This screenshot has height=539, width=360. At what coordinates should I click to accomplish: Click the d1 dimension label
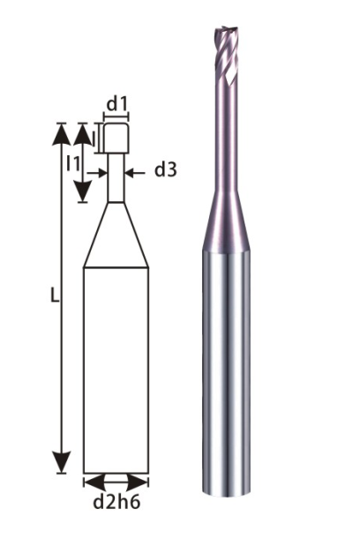click(x=116, y=104)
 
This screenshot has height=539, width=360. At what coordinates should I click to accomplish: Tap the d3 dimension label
click(x=166, y=169)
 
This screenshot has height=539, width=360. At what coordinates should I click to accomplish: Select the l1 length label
click(x=73, y=163)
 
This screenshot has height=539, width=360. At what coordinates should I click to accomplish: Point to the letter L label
click(x=55, y=295)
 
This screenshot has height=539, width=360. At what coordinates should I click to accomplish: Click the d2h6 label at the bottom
click(x=116, y=502)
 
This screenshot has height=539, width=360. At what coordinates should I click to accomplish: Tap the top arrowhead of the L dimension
click(x=62, y=134)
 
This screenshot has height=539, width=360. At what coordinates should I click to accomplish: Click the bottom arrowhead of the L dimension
click(x=62, y=462)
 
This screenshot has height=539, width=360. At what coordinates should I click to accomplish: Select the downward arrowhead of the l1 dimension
click(x=83, y=192)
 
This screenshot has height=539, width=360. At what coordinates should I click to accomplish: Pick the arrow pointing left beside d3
click(x=135, y=173)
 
